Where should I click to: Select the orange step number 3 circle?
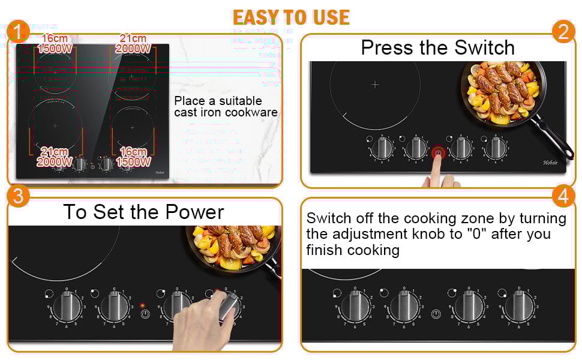[19, 197]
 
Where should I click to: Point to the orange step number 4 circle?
[563, 197]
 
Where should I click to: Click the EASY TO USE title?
[291, 17]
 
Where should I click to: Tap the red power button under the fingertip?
[438, 153]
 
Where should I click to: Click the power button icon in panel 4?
[436, 313]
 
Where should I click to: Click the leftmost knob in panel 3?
[66, 307]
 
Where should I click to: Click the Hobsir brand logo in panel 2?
[551, 162]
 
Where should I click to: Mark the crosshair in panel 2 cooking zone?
[375, 85]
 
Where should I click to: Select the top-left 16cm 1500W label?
[54, 44]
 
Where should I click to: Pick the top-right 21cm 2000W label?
[133, 44]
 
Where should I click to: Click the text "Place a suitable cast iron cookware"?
[226, 106]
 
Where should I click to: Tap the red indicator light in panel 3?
[142, 305]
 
